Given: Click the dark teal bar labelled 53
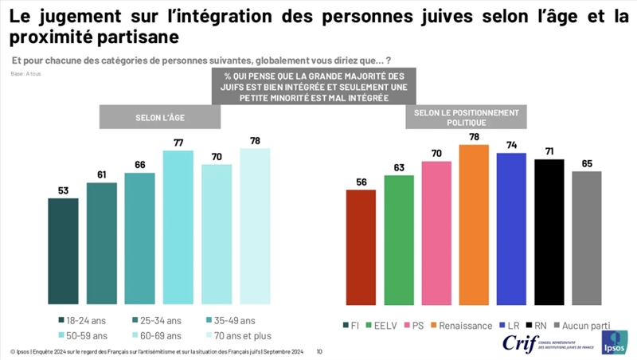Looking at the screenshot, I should [64, 251].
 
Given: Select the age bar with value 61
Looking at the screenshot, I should [102, 243].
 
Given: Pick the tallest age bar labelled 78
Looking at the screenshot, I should [255, 225].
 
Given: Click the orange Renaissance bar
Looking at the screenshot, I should [474, 225].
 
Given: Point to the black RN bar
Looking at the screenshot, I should [549, 232].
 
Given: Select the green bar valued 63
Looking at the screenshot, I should [399, 240].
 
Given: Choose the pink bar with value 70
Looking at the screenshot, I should [436, 233].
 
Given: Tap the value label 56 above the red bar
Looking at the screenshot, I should [361, 182].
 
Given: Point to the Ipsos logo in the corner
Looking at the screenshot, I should [614, 342].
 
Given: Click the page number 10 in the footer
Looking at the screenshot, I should [319, 350].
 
